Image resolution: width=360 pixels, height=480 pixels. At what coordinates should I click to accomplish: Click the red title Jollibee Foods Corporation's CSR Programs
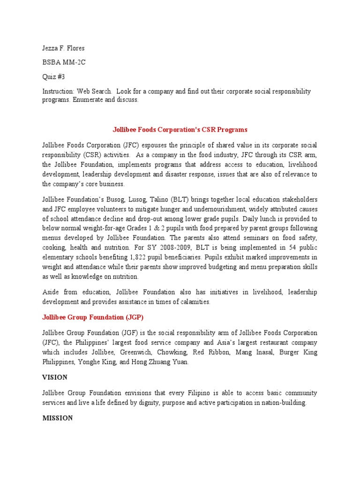[180, 129]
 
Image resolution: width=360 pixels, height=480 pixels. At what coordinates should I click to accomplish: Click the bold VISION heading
[55, 377]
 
